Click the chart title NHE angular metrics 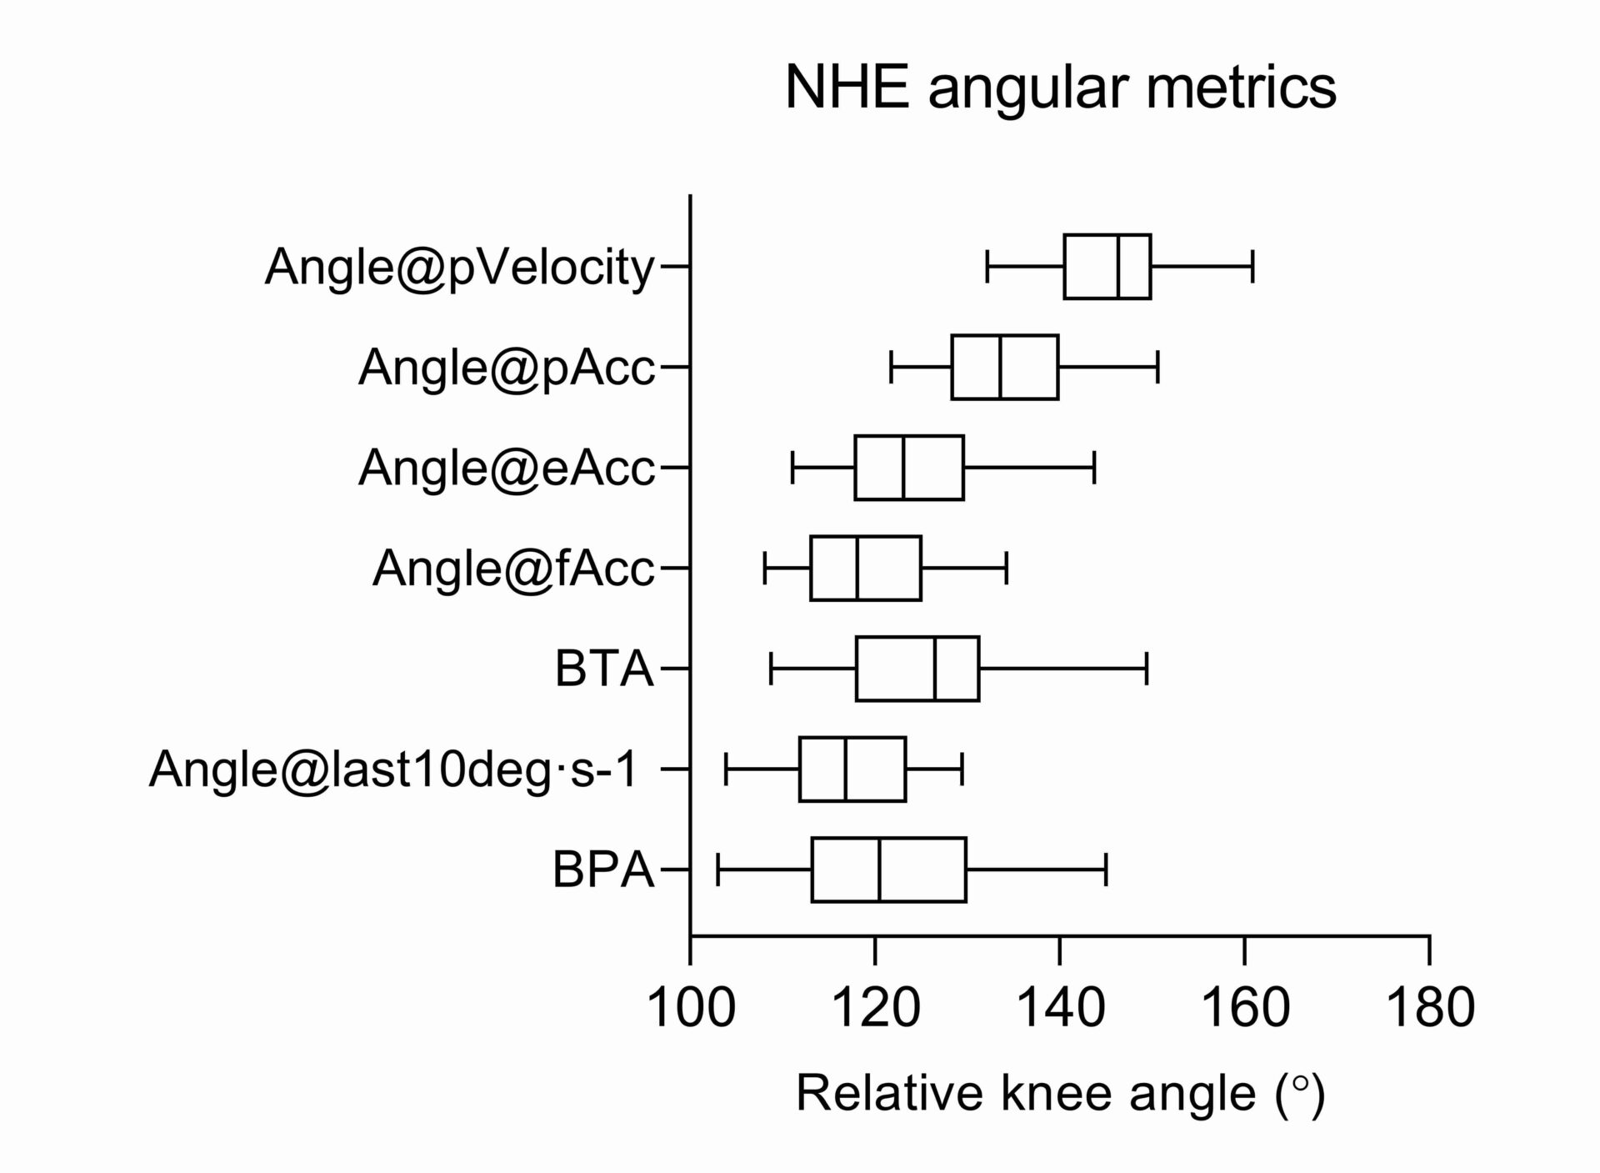click(x=1060, y=88)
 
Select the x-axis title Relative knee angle click(x=1060, y=1094)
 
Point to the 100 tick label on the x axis click(x=691, y=1008)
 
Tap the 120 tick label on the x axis click(x=875, y=1008)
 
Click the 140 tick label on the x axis click(x=1060, y=1008)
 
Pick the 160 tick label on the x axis click(x=1244, y=1008)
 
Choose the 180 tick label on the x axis click(x=1429, y=1008)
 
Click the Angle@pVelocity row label click(x=460, y=268)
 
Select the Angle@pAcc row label click(x=507, y=367)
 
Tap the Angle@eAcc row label click(x=507, y=468)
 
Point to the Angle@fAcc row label click(x=513, y=569)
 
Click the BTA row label click(x=604, y=669)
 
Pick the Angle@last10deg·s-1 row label click(x=393, y=769)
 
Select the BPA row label click(x=603, y=870)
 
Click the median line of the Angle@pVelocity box click(x=1118, y=267)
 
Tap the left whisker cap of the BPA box click(x=718, y=870)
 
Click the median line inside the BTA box click(x=935, y=669)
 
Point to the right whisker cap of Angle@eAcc click(x=1094, y=468)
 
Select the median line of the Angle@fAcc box click(x=857, y=569)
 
